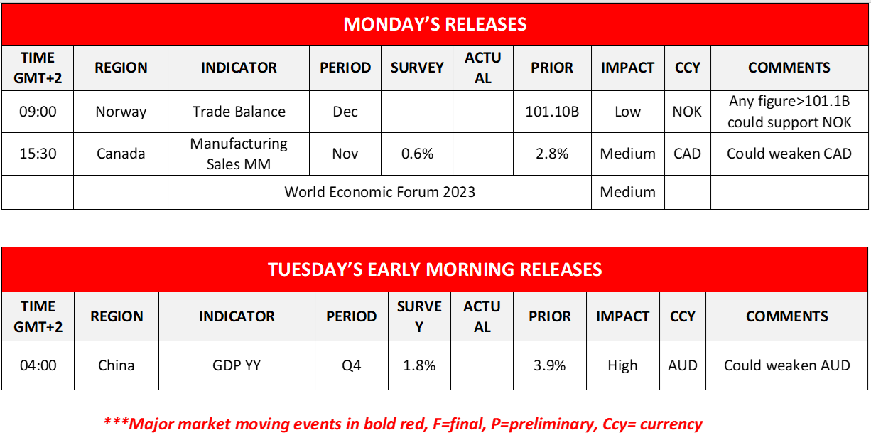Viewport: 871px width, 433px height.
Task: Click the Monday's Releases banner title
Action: coord(435,25)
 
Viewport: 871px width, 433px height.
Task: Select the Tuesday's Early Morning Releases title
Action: coord(435,270)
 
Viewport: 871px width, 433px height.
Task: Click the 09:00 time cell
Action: coord(38,112)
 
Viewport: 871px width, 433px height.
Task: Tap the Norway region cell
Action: coord(121,112)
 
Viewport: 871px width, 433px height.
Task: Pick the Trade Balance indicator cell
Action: coord(239,112)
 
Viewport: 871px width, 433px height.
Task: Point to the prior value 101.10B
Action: coord(552,112)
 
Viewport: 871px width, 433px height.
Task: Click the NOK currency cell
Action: coord(687,112)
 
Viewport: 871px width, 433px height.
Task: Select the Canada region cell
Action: coord(121,154)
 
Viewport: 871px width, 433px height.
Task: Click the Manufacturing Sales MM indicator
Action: coord(239,154)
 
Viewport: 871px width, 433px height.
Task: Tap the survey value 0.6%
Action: coord(417,154)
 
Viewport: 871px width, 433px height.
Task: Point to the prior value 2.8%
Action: coord(552,154)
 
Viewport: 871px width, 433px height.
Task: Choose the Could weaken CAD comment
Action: coord(789,154)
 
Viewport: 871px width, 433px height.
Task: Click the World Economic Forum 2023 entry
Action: coord(379,192)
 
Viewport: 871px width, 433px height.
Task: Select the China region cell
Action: coord(116,365)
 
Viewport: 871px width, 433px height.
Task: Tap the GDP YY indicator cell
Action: coord(237,365)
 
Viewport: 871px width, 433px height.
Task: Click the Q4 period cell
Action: coord(351,365)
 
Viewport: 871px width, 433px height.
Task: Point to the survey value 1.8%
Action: coord(419,365)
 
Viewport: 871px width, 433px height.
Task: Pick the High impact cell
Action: coord(622,365)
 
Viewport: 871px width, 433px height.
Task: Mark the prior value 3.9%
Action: coord(549,365)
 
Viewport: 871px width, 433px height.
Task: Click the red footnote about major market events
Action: coord(403,424)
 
